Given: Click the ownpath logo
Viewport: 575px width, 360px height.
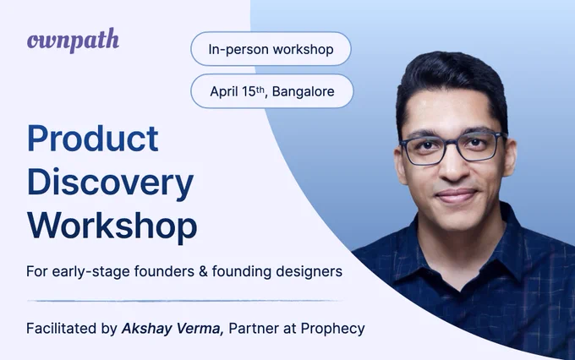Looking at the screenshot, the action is [73, 41].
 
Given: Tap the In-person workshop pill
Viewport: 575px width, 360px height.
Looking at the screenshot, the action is [271, 49].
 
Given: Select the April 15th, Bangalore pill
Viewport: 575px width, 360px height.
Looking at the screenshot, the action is [271, 91].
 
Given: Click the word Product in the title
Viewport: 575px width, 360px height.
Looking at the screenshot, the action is [93, 139].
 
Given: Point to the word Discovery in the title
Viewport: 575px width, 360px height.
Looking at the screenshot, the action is [110, 183].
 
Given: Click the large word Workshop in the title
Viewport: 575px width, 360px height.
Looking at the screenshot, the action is [112, 225].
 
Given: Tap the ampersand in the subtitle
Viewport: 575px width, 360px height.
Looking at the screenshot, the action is [203, 271].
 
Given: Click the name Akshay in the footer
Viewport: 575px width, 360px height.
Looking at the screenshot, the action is [146, 329].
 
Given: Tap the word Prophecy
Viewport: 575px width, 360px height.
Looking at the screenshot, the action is [332, 329].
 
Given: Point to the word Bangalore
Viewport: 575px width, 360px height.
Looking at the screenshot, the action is [304, 91].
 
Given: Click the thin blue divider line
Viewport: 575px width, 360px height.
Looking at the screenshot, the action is [184, 301].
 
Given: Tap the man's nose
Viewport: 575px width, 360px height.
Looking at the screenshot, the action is [453, 166].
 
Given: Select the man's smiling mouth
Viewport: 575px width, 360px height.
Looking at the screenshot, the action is [457, 195].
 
